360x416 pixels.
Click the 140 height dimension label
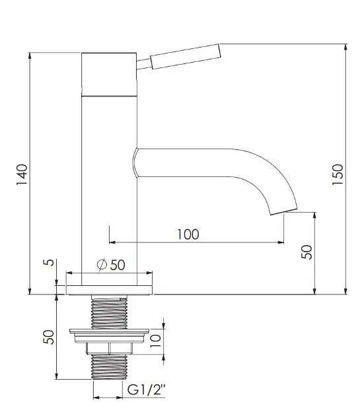(22, 175)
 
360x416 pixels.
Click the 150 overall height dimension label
(338, 175)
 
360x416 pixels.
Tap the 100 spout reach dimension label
(188, 234)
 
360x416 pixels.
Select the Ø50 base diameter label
(111, 265)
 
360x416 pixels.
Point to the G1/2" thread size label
(146, 390)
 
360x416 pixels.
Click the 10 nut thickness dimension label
(155, 341)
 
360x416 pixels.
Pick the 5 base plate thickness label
(48, 262)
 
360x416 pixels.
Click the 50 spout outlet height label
(306, 252)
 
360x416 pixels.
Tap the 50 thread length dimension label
(49, 337)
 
